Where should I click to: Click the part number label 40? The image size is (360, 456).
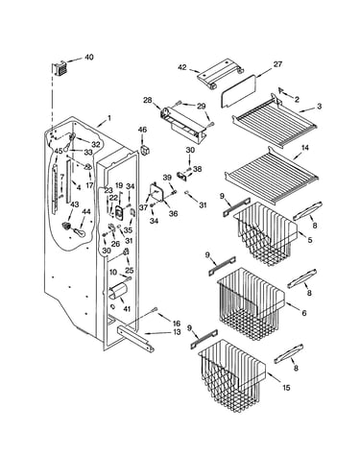click(x=89, y=58)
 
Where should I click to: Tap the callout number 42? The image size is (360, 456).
click(x=182, y=67)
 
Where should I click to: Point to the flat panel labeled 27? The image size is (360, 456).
click(x=239, y=90)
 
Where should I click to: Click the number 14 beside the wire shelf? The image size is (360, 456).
click(x=305, y=148)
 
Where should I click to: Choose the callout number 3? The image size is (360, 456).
click(x=319, y=106)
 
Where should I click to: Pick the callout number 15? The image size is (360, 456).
click(x=286, y=388)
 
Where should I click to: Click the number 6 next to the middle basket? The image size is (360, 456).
click(x=303, y=313)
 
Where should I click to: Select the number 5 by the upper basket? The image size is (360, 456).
click(x=310, y=240)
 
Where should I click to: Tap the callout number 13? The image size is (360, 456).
click(x=177, y=332)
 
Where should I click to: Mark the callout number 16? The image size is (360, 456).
click(x=177, y=324)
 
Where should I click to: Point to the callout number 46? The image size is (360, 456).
click(x=142, y=130)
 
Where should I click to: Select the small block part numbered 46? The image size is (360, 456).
click(x=145, y=150)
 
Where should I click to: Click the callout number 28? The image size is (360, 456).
click(x=148, y=100)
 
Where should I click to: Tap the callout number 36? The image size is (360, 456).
click(x=173, y=213)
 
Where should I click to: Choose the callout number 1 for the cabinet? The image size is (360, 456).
click(x=109, y=118)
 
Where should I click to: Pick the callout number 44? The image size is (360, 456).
click(x=86, y=211)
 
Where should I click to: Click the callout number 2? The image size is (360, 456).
click(x=297, y=100)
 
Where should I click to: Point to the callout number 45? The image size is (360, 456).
click(x=59, y=151)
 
